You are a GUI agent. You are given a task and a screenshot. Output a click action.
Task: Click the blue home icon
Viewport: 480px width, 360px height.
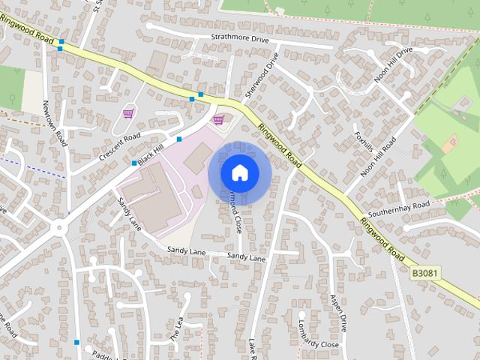click(239, 172)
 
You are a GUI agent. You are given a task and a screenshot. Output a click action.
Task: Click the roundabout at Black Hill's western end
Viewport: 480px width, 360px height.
click(58, 226)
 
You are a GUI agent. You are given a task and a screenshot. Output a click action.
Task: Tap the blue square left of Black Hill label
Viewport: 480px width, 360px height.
click(134, 163)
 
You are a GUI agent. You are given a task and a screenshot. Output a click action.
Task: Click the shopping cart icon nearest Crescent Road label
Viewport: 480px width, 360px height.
click(127, 113)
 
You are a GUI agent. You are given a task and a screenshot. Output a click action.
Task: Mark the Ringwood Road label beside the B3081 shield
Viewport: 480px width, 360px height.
click(382, 240)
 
